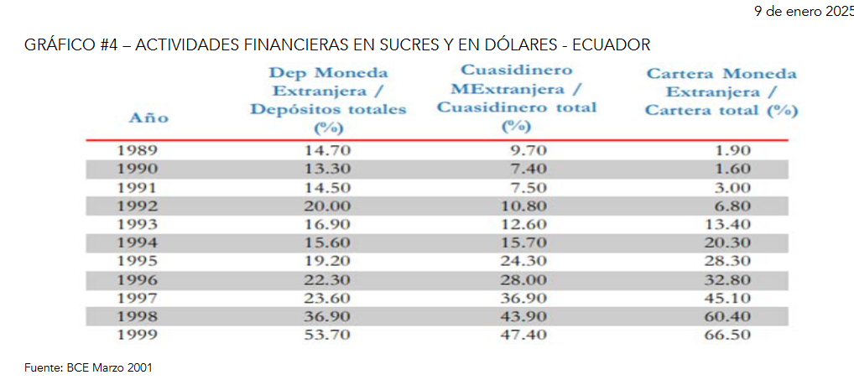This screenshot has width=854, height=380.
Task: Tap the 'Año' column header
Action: pyautogui.click(x=148, y=118)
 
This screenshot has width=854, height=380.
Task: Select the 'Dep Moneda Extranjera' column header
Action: pyautogui.click(x=327, y=100)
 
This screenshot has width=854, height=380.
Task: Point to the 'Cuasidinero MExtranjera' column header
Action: pyautogui.click(x=517, y=98)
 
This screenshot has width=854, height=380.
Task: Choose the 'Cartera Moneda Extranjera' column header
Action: pyautogui.click(x=721, y=92)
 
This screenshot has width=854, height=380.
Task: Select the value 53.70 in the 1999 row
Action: pyautogui.click(x=327, y=335)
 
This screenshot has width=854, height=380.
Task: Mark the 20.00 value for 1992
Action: pyautogui.click(x=327, y=206)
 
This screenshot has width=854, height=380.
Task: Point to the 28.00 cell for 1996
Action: pyautogui.click(x=524, y=279)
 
